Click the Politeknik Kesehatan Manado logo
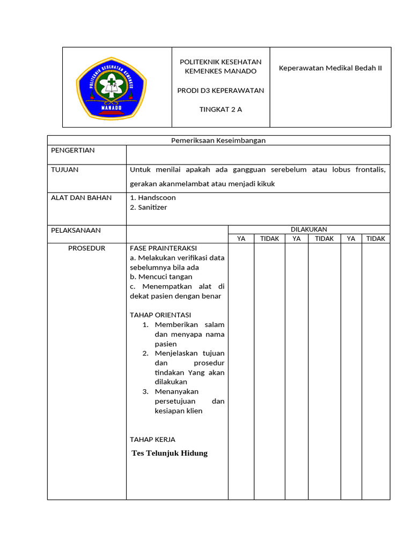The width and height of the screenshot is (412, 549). tap(111, 87)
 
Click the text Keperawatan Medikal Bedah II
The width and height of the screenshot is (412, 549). tap(330, 68)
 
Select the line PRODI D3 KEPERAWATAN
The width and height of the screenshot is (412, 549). tap(220, 90)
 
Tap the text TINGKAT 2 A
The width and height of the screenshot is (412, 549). tap(220, 109)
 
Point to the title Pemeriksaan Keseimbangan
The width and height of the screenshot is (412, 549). tap(218, 140)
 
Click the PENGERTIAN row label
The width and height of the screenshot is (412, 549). tap(72, 150)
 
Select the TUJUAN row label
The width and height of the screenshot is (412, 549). tap(64, 169)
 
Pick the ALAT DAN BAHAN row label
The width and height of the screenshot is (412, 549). tap(81, 197)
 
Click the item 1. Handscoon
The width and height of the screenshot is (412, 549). tap(153, 197)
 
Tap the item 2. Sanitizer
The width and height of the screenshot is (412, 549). tap(149, 207)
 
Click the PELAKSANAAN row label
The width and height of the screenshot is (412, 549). tap(76, 230)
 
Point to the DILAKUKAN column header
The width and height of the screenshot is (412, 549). tap(308, 229)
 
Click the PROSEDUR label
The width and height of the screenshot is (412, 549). tap(86, 248)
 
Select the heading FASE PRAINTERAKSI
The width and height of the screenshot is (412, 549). tap(163, 248)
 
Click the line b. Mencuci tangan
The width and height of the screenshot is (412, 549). tap(161, 277)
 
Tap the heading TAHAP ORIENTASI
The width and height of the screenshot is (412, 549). tap(160, 315)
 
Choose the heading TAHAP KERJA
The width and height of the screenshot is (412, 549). tap(152, 439)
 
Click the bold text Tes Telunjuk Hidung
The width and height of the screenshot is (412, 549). tap(170, 453)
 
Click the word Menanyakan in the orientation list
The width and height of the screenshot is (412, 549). tap(176, 391)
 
